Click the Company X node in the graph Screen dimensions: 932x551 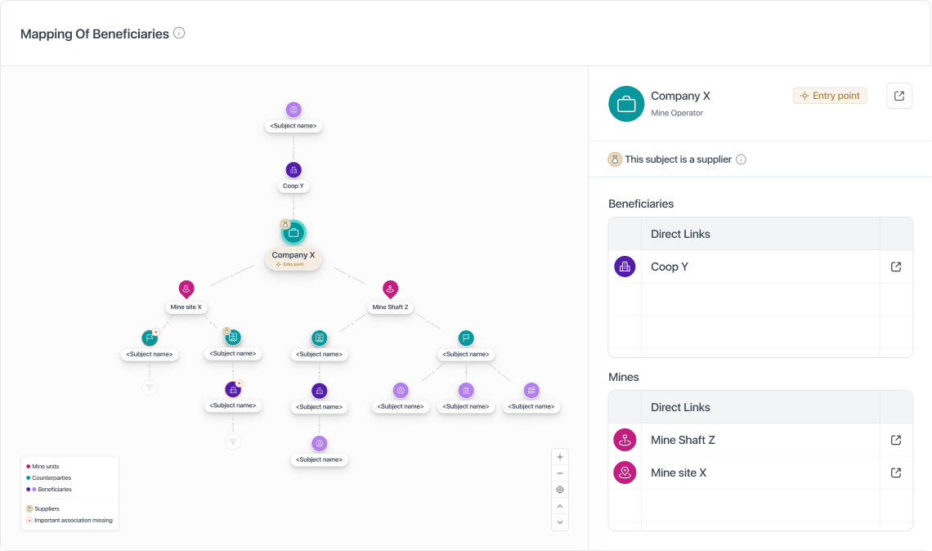pos(293,232)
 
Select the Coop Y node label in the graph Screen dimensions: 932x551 pos(293,186)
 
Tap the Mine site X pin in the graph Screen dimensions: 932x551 pos(186,289)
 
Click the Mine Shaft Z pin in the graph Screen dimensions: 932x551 pos(390,289)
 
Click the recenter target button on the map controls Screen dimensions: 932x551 pos(560,490)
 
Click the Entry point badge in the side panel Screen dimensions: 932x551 pos(830,96)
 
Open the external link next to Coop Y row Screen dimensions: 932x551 pos(896,267)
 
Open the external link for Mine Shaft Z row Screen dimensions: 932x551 pos(896,440)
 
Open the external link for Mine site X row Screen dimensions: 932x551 pos(896,473)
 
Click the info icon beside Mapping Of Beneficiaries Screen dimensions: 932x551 pos(179,34)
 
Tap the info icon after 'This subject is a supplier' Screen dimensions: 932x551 pos(741,159)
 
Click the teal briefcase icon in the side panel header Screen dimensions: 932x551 pos(626,104)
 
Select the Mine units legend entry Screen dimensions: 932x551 pos(43,467)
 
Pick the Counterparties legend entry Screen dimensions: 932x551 pos(49,478)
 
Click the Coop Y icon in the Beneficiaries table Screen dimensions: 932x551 pos(625,267)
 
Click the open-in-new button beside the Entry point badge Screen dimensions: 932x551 pos(899,96)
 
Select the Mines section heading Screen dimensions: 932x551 pos(624,377)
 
